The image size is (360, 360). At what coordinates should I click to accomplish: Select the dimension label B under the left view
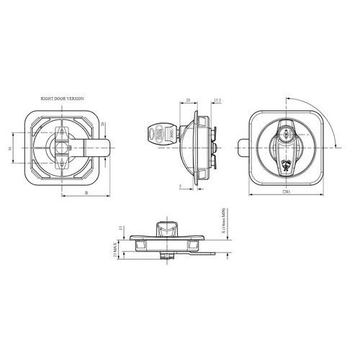pyautogui.click(x=87, y=194)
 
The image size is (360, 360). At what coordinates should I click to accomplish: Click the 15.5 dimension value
pyautogui.click(x=217, y=101)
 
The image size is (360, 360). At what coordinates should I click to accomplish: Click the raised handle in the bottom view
pyautogui.click(x=165, y=230)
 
